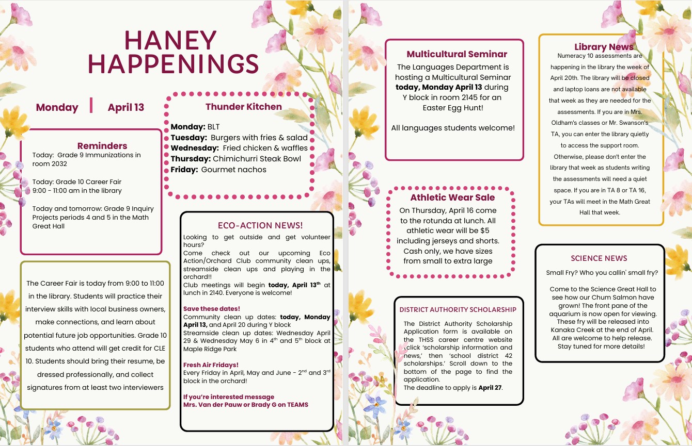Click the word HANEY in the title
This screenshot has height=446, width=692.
click(x=171, y=40)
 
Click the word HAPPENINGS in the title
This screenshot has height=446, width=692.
click(x=174, y=64)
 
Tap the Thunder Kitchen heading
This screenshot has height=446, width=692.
click(x=244, y=107)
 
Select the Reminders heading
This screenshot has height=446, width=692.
click(x=102, y=146)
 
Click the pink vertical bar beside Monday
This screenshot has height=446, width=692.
click(x=91, y=105)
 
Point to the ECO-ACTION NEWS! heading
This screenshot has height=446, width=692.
click(x=260, y=225)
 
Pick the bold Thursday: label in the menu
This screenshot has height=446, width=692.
click(x=191, y=159)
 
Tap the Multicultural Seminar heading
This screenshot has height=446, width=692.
click(x=457, y=54)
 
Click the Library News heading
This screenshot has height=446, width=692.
click(x=604, y=47)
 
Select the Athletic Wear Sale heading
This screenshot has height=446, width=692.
click(x=452, y=197)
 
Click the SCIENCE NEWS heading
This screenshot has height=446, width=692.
click(x=599, y=258)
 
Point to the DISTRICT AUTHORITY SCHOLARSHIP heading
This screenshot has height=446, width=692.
click(x=458, y=310)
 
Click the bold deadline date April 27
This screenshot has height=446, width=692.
click(x=490, y=388)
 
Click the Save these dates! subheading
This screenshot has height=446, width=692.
click(x=211, y=309)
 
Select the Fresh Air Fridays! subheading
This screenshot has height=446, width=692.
click(x=211, y=365)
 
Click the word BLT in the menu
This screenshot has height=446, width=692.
click(x=213, y=127)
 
